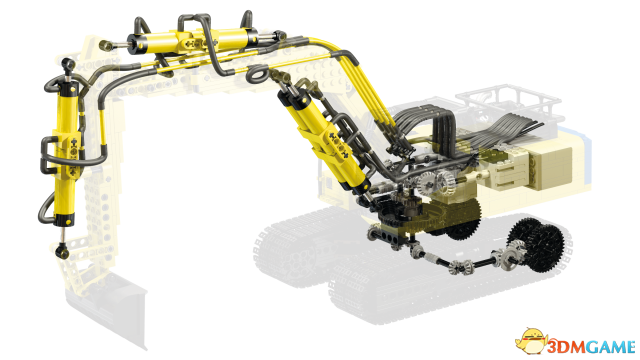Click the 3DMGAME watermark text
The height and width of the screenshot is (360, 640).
[592, 347]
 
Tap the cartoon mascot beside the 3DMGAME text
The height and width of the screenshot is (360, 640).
[531, 340]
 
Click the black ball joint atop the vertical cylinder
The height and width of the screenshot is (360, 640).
[67, 64]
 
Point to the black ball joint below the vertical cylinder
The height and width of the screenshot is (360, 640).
[62, 250]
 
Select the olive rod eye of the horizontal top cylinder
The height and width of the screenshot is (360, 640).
[105, 45]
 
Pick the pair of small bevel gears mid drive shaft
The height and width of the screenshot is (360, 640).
[461, 266]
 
